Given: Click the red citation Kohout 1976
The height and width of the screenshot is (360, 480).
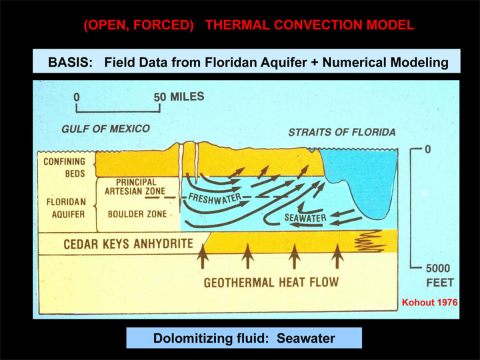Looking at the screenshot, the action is pos(429,303).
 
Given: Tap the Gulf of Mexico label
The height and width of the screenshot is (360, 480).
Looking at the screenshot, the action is pos(105,129).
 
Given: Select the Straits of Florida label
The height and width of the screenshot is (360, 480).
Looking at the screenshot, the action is pos(342,132).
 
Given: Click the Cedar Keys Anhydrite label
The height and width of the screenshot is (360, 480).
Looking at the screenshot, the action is pos(128,244).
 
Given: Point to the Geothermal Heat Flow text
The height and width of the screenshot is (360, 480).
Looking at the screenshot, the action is pos(271,282).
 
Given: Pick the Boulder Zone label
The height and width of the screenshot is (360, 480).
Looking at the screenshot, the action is pos(137,214).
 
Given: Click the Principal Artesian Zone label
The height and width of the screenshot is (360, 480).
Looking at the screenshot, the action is pos(135,187).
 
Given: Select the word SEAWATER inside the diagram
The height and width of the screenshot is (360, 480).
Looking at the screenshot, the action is pos(305,217).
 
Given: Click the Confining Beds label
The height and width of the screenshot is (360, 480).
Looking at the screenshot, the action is pos(65,167).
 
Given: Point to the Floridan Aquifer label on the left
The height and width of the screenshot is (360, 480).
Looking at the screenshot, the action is pos(66,208).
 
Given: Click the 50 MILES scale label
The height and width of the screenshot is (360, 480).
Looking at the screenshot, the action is pos(179,97).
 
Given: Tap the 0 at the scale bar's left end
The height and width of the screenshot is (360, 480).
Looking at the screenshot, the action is pos(77,97).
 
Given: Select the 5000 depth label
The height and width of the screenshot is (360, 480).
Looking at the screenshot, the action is pos(438,269).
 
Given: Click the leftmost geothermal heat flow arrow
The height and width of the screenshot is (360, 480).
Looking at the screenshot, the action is pos(203,256).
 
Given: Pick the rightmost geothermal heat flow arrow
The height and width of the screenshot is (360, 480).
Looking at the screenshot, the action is pos(337,256).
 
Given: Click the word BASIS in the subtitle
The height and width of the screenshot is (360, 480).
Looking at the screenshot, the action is pos(70,63).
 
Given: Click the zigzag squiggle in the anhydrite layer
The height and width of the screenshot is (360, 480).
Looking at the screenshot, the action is pos(370,241).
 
